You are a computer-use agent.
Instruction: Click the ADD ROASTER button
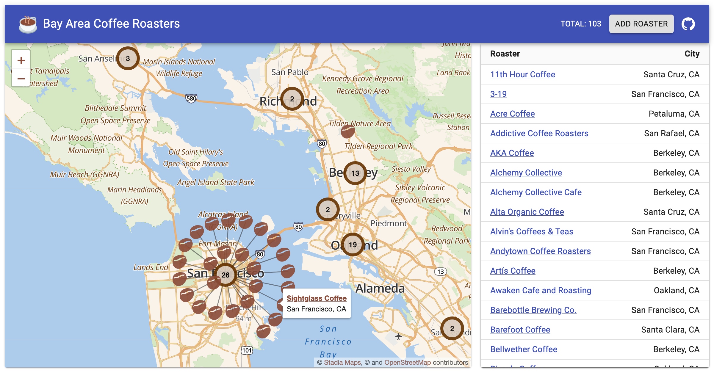(x=641, y=24)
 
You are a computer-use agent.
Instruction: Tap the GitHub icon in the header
(x=688, y=24)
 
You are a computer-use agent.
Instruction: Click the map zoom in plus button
(x=21, y=60)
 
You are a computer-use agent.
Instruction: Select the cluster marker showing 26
(x=225, y=275)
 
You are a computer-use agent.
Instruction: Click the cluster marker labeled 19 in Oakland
(x=353, y=245)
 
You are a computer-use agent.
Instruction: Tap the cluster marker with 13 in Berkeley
(x=355, y=173)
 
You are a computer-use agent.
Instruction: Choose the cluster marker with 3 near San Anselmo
(x=128, y=59)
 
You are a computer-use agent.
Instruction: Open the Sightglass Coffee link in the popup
(x=317, y=298)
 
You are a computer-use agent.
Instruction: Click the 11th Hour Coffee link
(x=522, y=74)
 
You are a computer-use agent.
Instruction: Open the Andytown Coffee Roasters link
(x=540, y=251)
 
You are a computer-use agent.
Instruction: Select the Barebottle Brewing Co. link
(x=533, y=310)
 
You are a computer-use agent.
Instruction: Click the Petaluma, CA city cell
(x=674, y=114)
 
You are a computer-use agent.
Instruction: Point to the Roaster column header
(x=505, y=54)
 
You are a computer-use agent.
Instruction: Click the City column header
(x=692, y=54)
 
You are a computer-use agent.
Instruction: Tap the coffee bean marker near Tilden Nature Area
(x=347, y=131)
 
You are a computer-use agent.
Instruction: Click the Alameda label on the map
(x=380, y=288)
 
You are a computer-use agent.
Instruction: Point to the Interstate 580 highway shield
(x=191, y=98)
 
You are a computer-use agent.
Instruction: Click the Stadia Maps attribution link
(x=342, y=362)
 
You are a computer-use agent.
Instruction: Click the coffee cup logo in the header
(x=28, y=24)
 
